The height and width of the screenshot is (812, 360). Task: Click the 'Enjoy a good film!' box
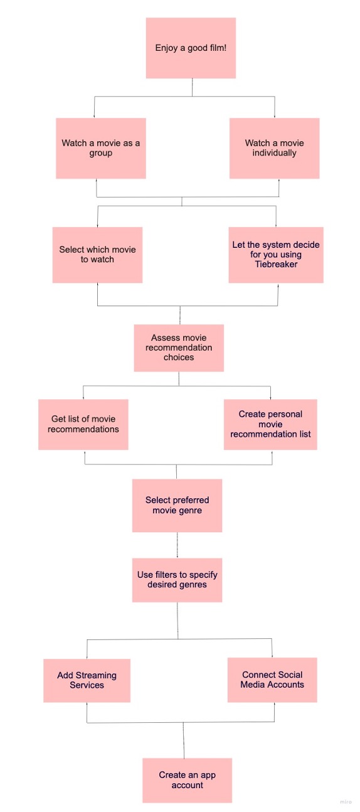[191, 48]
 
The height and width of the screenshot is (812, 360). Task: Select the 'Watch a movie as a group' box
[101, 148]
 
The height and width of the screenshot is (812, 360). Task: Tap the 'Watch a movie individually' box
[274, 148]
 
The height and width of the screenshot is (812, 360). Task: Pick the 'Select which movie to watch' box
[97, 255]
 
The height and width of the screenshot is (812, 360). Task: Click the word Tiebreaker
[276, 264]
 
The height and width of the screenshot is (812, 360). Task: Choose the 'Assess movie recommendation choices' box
[179, 348]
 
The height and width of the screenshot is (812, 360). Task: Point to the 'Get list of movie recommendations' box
[83, 424]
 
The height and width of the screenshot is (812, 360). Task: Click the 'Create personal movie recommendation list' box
[270, 424]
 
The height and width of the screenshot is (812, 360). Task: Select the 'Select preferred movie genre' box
[177, 505]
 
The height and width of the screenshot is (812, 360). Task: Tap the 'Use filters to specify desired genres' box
[177, 580]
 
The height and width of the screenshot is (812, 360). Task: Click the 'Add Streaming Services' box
[87, 680]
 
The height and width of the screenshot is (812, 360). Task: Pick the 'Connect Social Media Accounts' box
[272, 680]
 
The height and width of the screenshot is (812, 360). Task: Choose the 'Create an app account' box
[188, 780]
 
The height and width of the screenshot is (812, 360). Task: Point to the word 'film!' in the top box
[217, 48]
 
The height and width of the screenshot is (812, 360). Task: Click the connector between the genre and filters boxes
[177, 545]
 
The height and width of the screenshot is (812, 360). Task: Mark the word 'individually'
[274, 153]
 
